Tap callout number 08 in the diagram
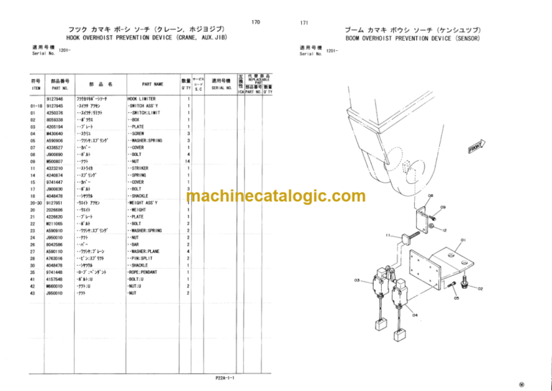pyautogui.click(x=431, y=195)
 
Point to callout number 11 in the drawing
pyautogui.click(x=388, y=236)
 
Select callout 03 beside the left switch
pyautogui.click(x=356, y=281)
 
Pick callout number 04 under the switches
pyautogui.click(x=415, y=315)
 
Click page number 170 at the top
pyautogui.click(x=256, y=23)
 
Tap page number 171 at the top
pyautogui.click(x=304, y=23)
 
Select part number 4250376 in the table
pyautogui.click(x=54, y=113)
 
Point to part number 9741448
pyautogui.click(x=54, y=272)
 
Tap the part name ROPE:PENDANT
pyautogui.click(x=147, y=272)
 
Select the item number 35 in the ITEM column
pyautogui.click(x=33, y=272)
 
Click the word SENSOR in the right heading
pyautogui.click(x=465, y=37)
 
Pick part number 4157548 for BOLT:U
pyautogui.click(x=54, y=280)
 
